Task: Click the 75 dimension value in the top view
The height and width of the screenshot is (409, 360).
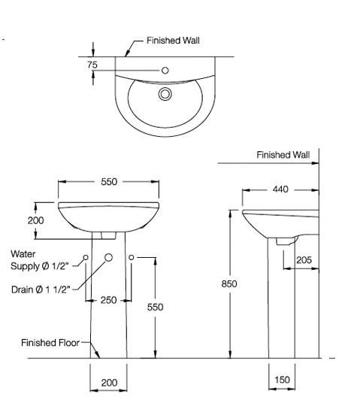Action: coord(92,65)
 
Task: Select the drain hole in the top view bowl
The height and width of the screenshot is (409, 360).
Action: coord(165,94)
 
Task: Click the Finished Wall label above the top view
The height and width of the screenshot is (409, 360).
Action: coord(173,41)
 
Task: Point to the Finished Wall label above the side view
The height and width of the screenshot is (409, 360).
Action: coord(283,155)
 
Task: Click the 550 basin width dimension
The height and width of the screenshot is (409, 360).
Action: coord(109,182)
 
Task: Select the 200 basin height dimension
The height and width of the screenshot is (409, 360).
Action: coord(35,220)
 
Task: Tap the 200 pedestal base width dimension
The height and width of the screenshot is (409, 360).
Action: coord(109,383)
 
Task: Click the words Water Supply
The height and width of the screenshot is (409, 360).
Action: coord(38,261)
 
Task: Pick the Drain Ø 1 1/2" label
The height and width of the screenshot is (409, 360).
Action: coord(41,289)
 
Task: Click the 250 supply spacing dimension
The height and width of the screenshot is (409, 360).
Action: coord(109,300)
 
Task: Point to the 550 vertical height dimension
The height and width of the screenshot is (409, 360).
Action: coord(155,308)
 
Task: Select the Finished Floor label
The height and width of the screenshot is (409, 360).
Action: coord(50,343)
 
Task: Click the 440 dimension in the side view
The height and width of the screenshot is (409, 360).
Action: coord(280,189)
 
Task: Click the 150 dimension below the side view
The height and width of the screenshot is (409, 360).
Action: coord(282,380)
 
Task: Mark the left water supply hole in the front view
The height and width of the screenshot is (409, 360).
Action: coord(86,258)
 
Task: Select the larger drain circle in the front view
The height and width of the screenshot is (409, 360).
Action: coord(109,258)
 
